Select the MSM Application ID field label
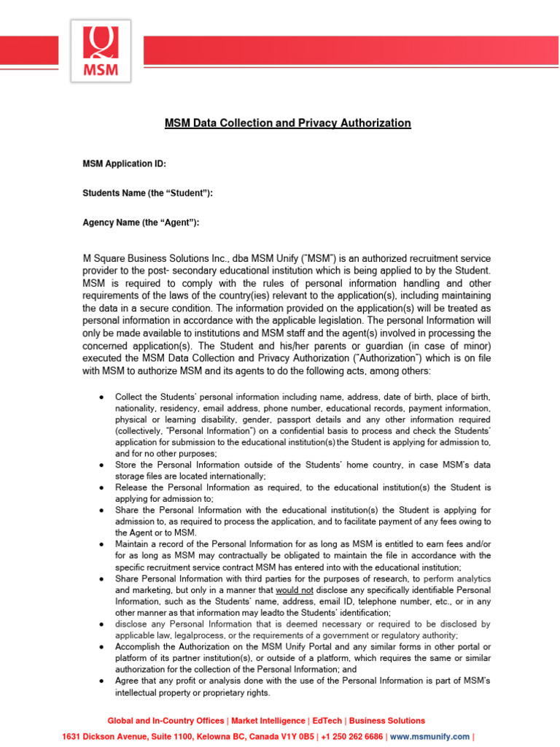coord(125,164)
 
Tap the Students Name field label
coord(147,193)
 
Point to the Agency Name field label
coord(141,222)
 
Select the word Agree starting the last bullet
coord(128,681)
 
